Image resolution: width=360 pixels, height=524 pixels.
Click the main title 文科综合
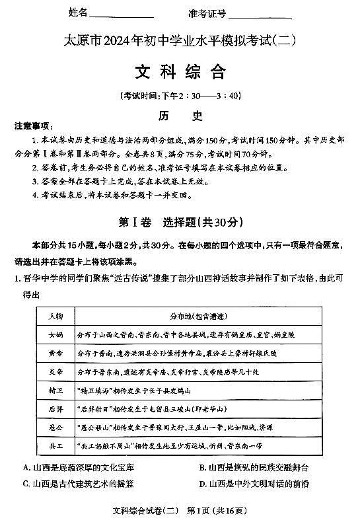[x=180, y=71]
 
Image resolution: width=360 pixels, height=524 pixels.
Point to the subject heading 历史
[x=180, y=114]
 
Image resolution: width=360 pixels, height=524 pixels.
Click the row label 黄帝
[x=55, y=354]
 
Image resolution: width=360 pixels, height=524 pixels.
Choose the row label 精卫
[x=55, y=391]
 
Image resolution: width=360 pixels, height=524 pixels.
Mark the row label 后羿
[x=55, y=409]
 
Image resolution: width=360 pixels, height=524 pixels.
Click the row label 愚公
[x=55, y=428]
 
